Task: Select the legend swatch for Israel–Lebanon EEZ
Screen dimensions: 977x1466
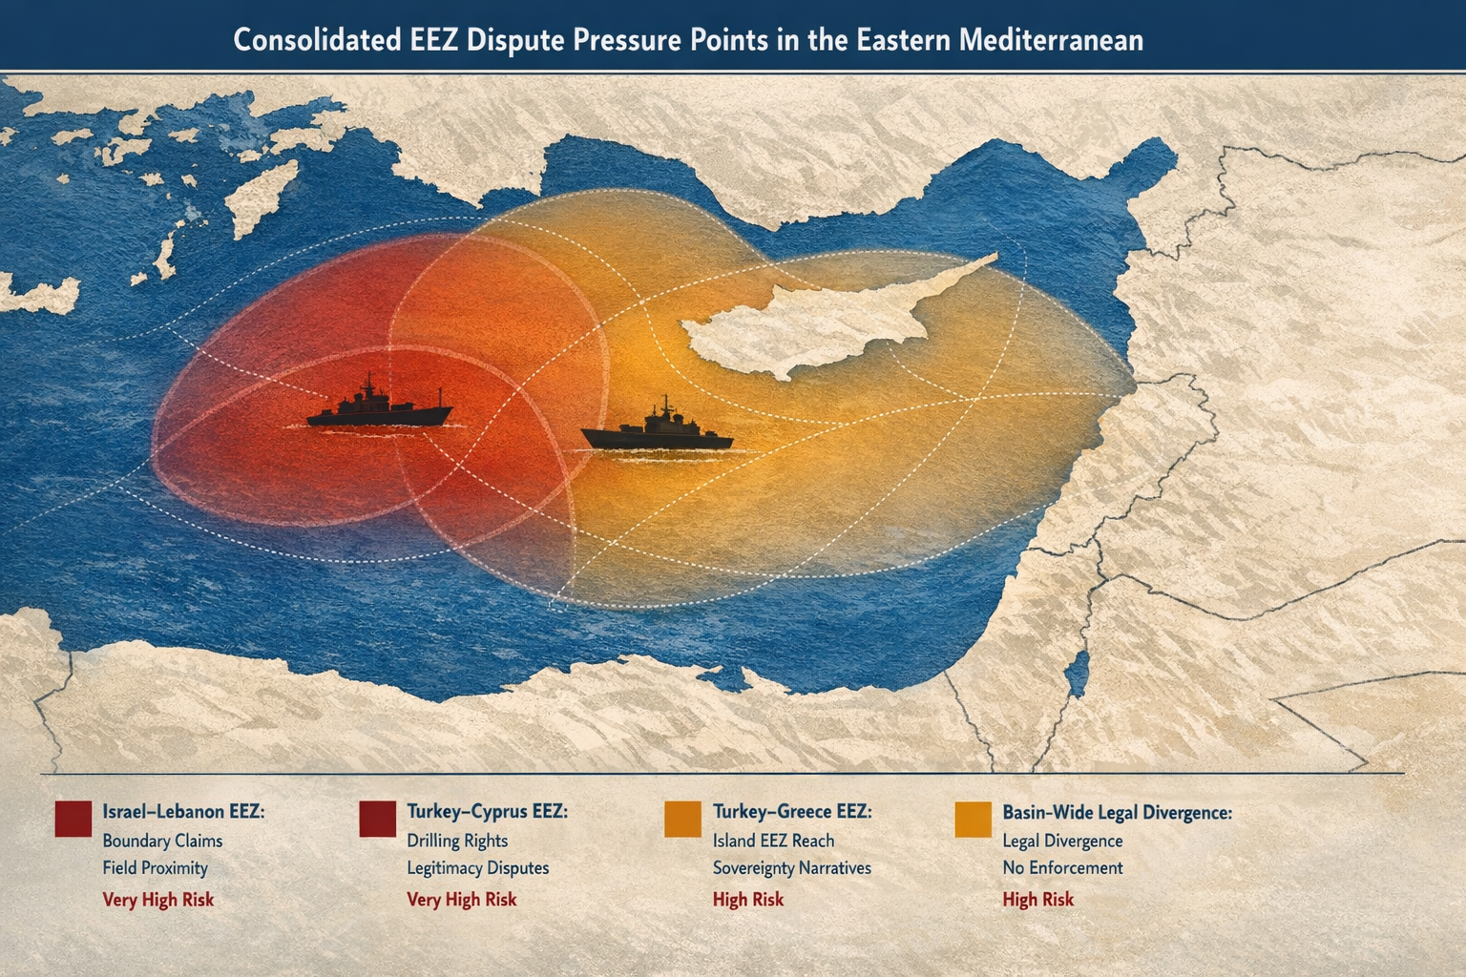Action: coord(73,819)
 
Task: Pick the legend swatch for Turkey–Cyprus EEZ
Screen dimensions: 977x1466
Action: coord(377,819)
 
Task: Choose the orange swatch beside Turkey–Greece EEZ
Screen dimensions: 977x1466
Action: coord(682,819)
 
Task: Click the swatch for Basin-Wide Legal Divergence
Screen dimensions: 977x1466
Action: coord(973,819)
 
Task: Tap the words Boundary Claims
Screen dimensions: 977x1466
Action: coord(162,842)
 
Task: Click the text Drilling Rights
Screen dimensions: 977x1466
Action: coord(457,842)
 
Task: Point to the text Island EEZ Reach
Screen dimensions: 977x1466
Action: coord(773,842)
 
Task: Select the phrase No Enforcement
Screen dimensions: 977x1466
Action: coord(1062,868)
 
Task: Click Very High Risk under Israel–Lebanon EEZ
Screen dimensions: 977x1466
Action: coord(158,900)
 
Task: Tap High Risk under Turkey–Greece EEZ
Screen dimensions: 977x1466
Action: coord(748,900)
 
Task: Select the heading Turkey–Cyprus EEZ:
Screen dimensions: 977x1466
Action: coord(487,812)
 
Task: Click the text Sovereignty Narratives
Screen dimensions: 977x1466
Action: coord(791,868)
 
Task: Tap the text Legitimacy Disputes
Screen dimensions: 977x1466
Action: coord(477,868)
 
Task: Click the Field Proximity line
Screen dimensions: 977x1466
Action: coord(155,868)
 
